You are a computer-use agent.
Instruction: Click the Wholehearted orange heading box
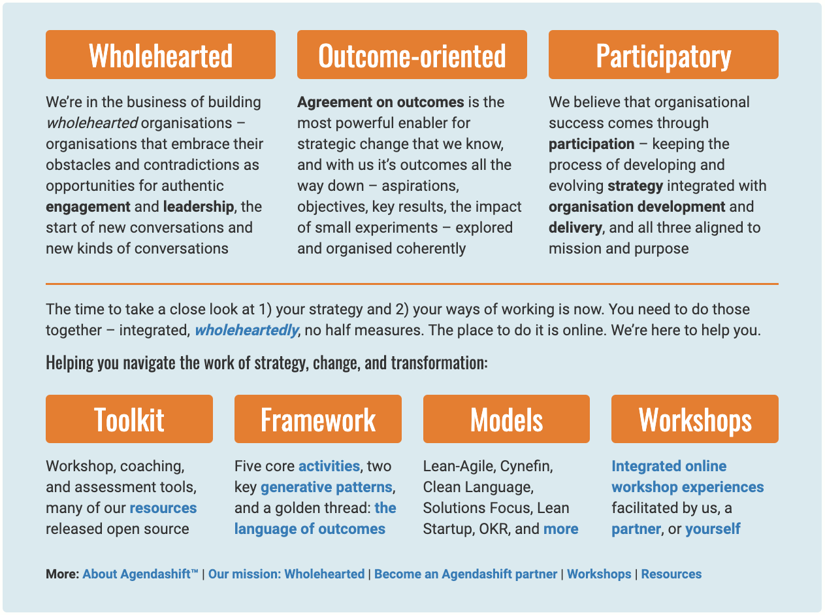161,55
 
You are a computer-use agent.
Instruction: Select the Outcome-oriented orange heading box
412,55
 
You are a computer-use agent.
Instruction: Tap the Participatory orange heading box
664,55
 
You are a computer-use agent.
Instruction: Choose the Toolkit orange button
129,419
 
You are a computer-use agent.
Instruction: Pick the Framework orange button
318,419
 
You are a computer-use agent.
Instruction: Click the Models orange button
507,419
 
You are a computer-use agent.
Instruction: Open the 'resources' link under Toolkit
163,508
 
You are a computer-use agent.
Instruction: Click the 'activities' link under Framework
329,466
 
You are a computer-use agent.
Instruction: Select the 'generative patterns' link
327,488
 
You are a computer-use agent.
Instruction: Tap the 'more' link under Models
561,529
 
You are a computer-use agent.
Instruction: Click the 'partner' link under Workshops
636,529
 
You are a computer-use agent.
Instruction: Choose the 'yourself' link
713,529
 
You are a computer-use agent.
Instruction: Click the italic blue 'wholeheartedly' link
247,331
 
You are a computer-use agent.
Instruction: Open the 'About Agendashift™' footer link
140,574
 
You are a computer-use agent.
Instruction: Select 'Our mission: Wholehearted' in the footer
286,574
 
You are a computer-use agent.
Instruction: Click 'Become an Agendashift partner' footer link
466,574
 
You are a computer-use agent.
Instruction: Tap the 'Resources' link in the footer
671,574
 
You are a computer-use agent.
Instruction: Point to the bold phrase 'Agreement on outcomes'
381,103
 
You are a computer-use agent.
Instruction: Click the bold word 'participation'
591,144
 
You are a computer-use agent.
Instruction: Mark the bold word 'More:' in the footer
63,574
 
